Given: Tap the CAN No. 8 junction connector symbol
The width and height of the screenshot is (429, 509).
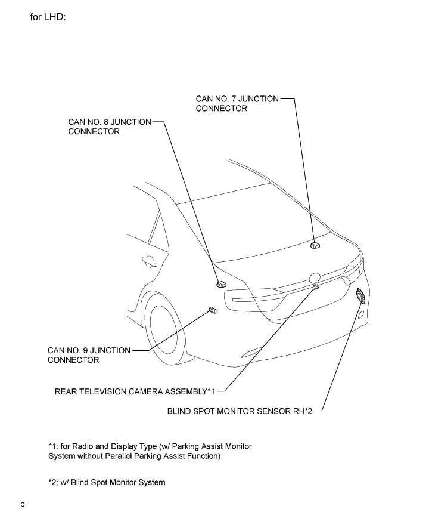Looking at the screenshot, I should tap(221, 284).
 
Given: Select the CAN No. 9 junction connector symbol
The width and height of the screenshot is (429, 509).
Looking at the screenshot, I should tap(213, 310).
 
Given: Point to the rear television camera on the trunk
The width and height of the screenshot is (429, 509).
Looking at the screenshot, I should tap(316, 288).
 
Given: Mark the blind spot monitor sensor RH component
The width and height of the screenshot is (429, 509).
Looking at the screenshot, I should tap(360, 295).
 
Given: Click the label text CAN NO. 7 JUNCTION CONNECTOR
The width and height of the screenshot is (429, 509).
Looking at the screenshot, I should tap(237, 104).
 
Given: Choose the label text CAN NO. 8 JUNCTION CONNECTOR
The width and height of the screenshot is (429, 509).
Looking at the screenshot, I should tap(110, 127).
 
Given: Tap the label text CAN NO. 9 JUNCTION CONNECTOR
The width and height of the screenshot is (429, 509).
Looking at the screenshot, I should tap(89, 355).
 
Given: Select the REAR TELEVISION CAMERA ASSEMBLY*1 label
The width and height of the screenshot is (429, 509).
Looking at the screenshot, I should tap(135, 392).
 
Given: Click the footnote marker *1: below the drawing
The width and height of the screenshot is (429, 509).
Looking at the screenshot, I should tap(54, 446).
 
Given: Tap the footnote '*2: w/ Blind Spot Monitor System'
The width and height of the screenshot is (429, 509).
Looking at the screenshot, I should tap(107, 482).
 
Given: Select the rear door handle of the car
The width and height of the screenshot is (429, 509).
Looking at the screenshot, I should tap(145, 260).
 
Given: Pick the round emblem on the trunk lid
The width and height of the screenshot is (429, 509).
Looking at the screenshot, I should tap(314, 277).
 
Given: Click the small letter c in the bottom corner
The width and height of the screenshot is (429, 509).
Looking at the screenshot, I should tap(23, 505).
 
